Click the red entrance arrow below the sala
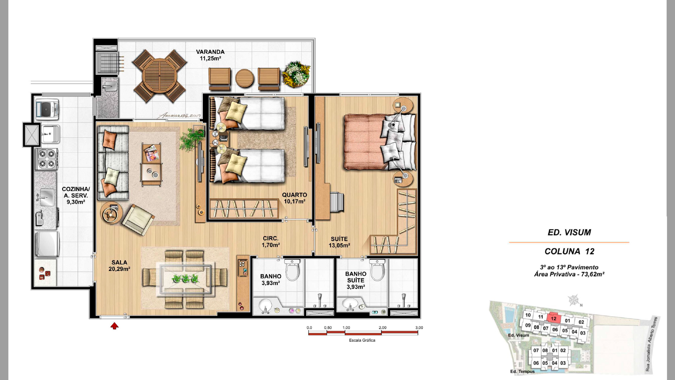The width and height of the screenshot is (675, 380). (x=114, y=326)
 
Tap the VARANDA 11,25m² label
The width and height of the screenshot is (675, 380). (x=210, y=55)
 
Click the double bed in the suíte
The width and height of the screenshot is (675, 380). (x=380, y=141)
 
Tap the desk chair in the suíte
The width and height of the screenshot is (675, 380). (x=337, y=202)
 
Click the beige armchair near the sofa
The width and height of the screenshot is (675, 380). (x=138, y=220)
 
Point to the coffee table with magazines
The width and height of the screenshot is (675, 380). (x=152, y=164)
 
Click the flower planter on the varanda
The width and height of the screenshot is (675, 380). (x=297, y=74)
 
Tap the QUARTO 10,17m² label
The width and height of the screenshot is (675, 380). (x=295, y=198)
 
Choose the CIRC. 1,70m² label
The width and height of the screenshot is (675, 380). (x=271, y=242)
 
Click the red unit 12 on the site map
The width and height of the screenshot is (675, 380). (x=553, y=318)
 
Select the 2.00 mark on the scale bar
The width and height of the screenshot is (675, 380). (x=382, y=328)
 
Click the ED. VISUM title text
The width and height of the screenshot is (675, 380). (x=569, y=232)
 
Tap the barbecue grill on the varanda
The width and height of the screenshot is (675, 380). (x=109, y=63)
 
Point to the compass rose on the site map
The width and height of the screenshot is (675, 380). (x=574, y=300)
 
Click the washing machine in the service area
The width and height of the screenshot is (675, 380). (x=47, y=109)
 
